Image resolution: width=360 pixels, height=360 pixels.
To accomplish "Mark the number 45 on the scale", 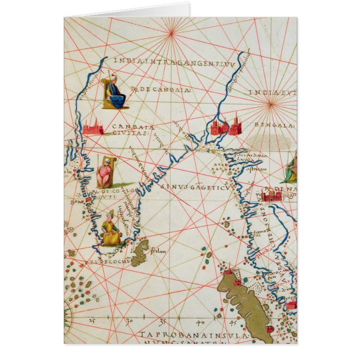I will [231, 323].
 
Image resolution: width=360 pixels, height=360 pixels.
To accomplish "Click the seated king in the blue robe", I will [116, 92].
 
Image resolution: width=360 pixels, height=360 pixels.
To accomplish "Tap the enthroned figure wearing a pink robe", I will [105, 174].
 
